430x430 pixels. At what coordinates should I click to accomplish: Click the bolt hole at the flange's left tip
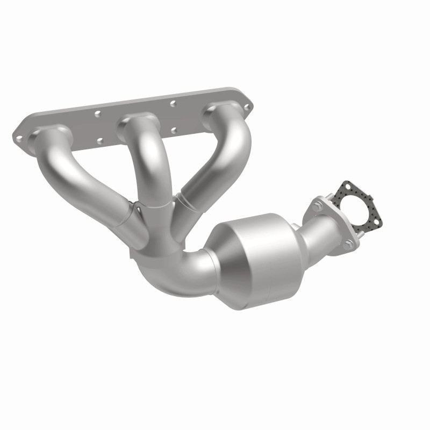19,138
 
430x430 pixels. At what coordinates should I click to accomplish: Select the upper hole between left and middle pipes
97,114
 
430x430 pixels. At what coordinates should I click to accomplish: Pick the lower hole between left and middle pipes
100,141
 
